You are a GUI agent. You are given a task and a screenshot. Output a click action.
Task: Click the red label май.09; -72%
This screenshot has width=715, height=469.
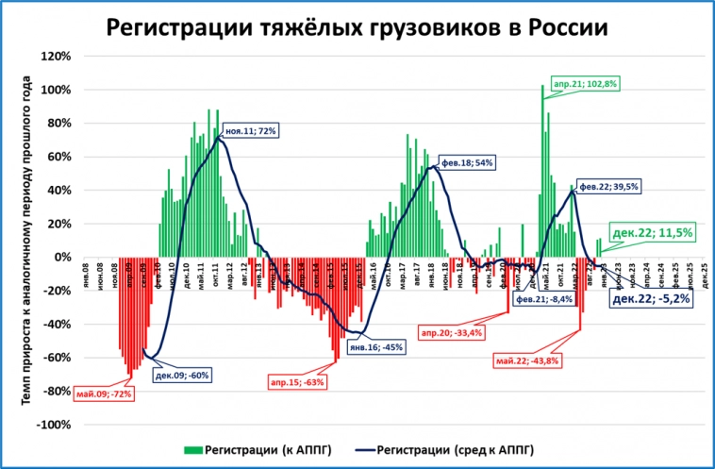[103, 393]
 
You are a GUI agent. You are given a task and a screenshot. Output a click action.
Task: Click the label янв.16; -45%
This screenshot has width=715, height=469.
[376, 346]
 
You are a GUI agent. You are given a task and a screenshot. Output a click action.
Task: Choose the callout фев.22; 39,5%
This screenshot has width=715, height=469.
[608, 187]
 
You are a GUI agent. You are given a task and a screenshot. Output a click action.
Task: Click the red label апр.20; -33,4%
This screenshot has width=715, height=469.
[451, 332]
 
